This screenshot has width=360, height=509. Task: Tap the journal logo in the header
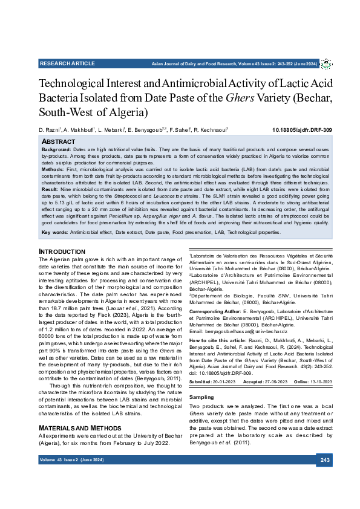(326, 64)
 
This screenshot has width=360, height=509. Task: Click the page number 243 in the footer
(325, 461)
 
